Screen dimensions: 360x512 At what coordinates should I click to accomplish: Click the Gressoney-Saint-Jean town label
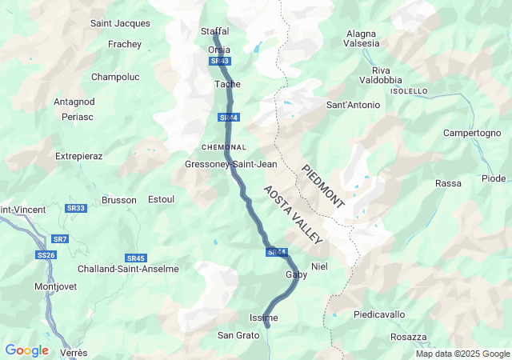click(x=230, y=164)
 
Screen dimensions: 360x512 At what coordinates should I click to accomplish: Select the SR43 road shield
click(x=220, y=61)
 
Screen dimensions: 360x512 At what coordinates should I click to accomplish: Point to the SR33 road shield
click(x=76, y=208)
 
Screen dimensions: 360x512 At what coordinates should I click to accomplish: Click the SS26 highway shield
click(x=46, y=255)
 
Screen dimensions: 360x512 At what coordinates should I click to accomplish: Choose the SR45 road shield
click(x=136, y=258)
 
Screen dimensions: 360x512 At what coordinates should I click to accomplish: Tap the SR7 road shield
click(x=60, y=239)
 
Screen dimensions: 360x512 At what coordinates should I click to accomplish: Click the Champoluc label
click(x=116, y=77)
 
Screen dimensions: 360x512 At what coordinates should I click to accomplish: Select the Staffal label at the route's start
click(x=214, y=31)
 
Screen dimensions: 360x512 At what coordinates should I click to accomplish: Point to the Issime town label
click(x=264, y=318)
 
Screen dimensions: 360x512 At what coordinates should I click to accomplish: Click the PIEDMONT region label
click(x=323, y=186)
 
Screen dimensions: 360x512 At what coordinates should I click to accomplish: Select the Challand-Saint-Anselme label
click(x=128, y=269)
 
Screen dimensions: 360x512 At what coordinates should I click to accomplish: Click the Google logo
click(x=26, y=350)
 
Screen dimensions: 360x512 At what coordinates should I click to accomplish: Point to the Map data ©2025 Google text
click(x=462, y=354)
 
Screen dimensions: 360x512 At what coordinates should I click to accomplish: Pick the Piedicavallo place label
click(x=379, y=314)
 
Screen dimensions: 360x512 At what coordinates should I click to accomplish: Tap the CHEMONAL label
click(x=223, y=148)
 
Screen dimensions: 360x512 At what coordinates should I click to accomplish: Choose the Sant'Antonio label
click(x=353, y=105)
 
